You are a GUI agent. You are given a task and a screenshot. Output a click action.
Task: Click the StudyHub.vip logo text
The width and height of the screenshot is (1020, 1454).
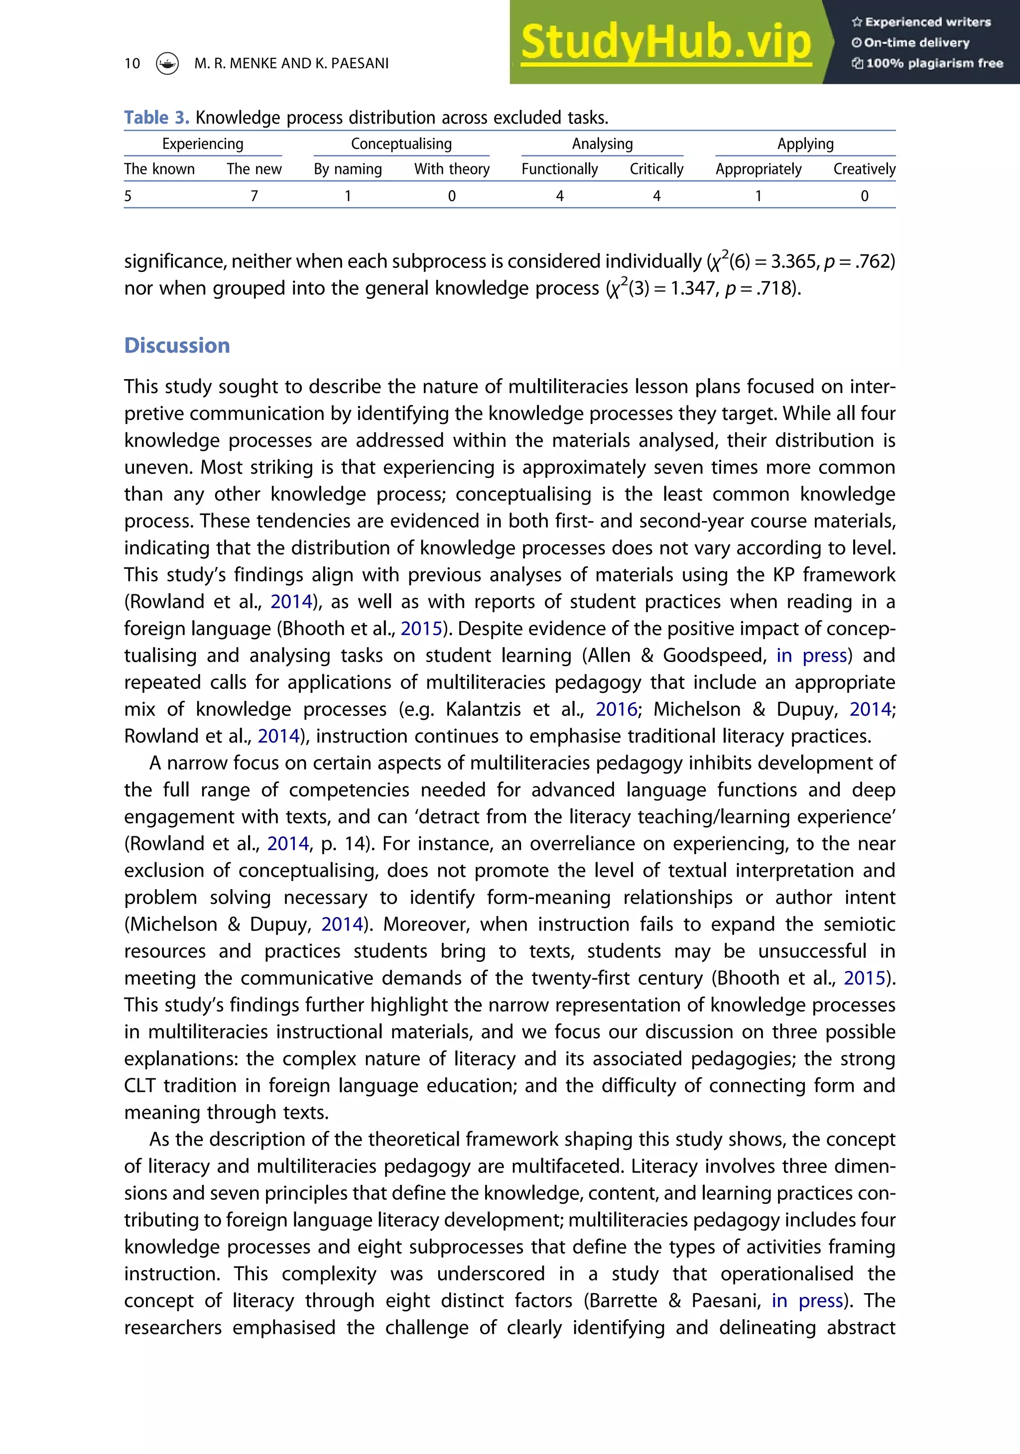665,42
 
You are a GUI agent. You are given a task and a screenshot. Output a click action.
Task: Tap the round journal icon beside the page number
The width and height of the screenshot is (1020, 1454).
167,63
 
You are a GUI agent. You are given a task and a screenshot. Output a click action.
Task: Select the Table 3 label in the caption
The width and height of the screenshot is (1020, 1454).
156,118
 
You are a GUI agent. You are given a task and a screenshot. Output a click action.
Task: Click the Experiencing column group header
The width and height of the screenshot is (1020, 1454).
203,144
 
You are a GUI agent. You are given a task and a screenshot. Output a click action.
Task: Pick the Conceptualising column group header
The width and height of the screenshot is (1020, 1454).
401,144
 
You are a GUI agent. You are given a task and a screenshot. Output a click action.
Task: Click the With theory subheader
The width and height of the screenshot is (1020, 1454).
451,169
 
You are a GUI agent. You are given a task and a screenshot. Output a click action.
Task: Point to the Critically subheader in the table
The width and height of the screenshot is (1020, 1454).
656,169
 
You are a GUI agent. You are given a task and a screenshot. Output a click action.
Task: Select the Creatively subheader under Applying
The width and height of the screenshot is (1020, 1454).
864,169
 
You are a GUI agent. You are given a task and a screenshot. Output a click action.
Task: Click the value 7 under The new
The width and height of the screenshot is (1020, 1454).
254,196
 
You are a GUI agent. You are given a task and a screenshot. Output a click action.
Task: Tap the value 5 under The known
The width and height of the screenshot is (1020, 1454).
128,196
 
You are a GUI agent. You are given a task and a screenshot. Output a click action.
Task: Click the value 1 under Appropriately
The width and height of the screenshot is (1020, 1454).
758,196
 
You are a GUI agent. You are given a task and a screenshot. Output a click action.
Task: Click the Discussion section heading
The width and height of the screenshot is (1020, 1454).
177,345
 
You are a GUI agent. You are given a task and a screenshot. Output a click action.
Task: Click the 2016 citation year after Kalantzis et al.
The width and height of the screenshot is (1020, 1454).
616,709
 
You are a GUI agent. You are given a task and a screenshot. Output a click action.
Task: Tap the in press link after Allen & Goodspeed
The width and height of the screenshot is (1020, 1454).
812,656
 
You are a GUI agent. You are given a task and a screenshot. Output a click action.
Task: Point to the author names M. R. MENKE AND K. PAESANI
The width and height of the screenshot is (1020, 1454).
291,63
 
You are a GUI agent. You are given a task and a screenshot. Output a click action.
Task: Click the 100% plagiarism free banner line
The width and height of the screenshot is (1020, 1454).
927,63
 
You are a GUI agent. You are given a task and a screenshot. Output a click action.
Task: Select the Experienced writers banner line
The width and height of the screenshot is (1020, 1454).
921,22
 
